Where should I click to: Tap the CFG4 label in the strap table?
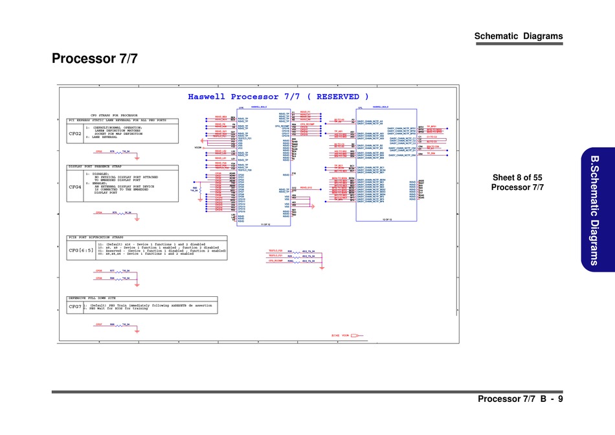(75, 187)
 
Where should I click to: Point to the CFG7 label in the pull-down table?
(75, 305)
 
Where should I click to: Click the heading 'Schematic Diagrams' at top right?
(518, 36)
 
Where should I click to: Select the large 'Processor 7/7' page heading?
(95, 58)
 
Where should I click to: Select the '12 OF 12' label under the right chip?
(386, 220)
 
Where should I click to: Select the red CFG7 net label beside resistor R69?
(99, 324)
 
